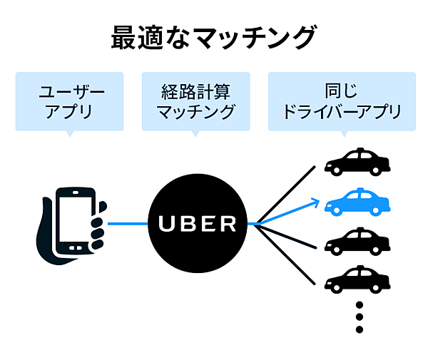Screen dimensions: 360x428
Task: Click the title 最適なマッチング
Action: [x=213, y=37]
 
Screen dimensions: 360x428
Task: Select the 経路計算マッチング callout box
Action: [x=196, y=102]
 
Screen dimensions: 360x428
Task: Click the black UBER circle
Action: [x=196, y=223]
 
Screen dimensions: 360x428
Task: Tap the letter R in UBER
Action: [x=227, y=224]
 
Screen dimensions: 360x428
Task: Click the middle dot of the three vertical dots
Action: [x=360, y=317]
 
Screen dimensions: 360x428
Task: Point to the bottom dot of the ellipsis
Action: [x=360, y=330]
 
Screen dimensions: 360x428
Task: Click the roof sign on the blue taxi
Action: [x=360, y=191]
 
